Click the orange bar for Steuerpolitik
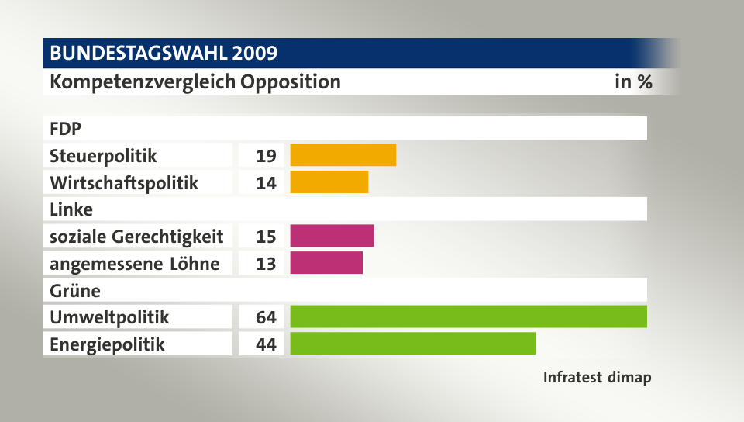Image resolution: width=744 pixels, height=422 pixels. click(343, 155)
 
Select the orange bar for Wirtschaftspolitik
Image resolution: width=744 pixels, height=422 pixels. click(329, 182)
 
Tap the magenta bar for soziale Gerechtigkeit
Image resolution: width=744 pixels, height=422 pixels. click(332, 236)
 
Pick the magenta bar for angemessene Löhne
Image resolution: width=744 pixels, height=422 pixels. click(326, 263)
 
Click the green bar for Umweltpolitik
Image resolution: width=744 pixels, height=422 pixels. click(468, 316)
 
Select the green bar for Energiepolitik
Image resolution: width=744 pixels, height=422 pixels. click(412, 344)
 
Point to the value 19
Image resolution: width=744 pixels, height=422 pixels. click(266, 156)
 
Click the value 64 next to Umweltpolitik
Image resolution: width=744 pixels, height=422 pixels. click(266, 317)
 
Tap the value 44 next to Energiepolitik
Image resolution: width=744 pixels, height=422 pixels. click(266, 344)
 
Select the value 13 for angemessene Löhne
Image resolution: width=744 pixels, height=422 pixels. click(266, 264)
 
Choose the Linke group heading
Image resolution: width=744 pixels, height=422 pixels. click(71, 209)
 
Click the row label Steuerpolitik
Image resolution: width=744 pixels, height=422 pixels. click(103, 156)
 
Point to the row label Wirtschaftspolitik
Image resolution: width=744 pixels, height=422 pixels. click(124, 183)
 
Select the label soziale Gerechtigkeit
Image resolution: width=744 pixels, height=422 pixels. click(136, 237)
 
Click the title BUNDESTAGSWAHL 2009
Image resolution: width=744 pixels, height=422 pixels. click(164, 54)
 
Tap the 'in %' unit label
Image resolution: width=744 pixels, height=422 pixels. click(632, 81)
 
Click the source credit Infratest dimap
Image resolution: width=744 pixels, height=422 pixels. click(596, 379)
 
